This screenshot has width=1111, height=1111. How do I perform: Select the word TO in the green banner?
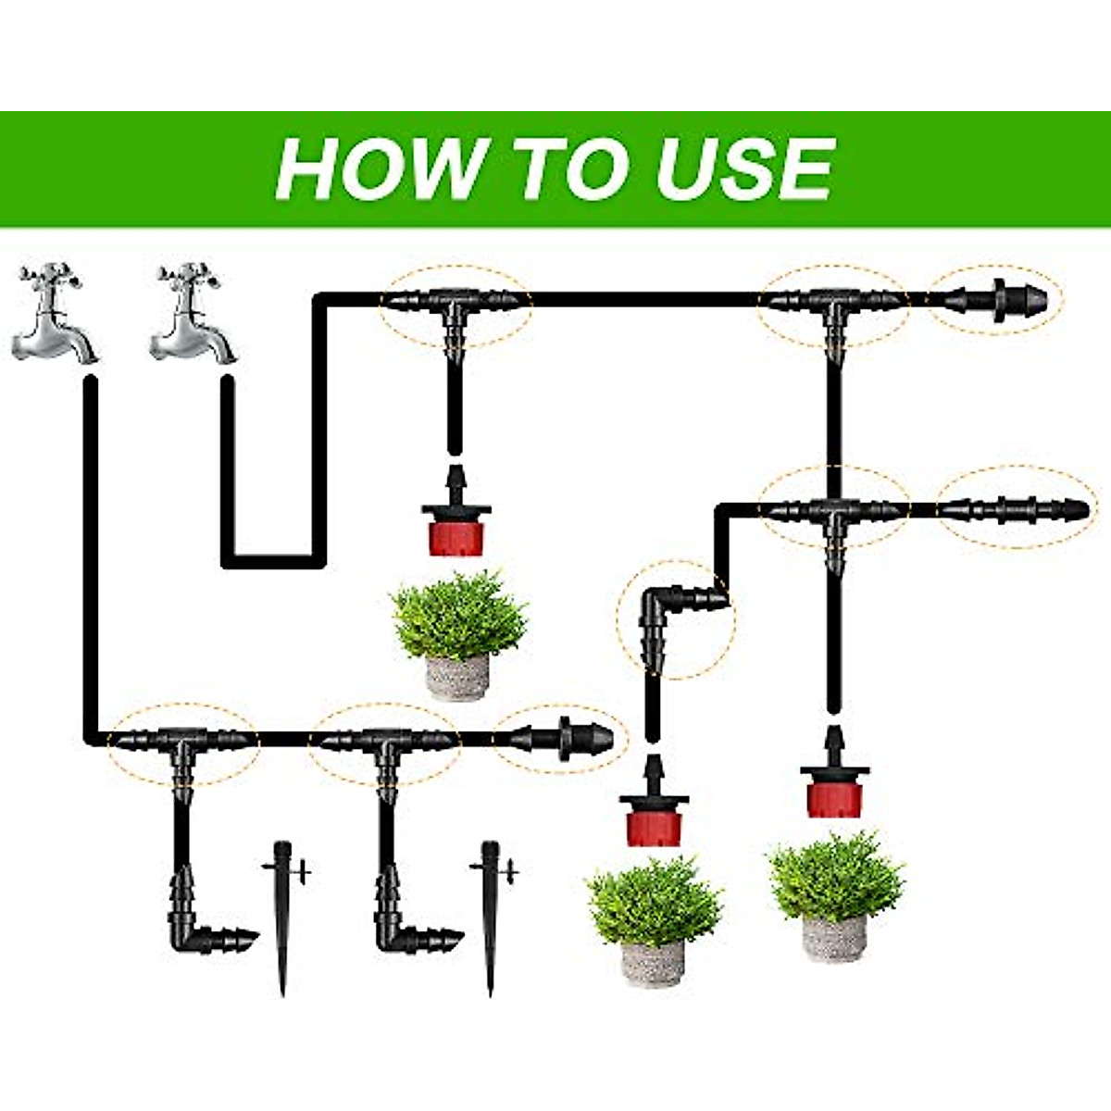click(566, 169)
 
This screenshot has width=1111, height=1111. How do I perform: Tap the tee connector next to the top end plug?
click(833, 306)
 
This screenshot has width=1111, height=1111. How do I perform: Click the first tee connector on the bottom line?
click(181, 745)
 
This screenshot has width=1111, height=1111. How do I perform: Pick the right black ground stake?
click(491, 917)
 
